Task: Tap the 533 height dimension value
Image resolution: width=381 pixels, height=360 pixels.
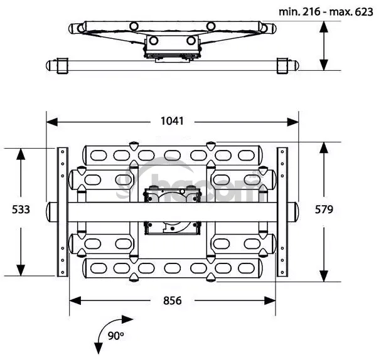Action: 21,209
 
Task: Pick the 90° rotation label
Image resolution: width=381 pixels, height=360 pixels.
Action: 115,336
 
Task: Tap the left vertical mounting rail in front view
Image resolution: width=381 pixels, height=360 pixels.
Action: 62,211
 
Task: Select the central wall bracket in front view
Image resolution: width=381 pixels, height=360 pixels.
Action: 171,209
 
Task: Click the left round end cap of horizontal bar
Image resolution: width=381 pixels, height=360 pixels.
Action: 50,211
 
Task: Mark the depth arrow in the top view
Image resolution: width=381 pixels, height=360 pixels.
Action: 323,45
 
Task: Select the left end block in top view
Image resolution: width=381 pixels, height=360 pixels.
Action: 62,65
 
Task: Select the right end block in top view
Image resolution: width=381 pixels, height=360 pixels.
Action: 283,65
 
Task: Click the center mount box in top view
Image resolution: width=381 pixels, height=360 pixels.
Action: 171,47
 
